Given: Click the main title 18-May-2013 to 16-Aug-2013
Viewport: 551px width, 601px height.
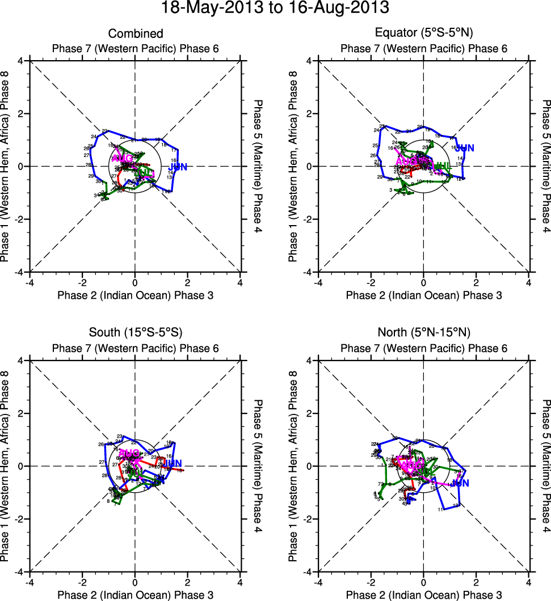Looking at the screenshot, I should [275, 9].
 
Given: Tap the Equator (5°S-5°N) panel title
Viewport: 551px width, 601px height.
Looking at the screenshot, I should [424, 33].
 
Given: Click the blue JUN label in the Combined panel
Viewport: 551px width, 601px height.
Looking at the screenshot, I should [178, 167].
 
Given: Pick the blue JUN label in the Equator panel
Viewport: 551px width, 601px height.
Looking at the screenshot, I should [464, 148].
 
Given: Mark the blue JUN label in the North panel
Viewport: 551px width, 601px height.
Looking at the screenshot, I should [461, 483].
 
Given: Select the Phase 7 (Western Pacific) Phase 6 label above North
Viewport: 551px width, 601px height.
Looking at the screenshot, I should [424, 348].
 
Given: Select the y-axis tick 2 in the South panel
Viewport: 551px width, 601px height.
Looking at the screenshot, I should [20, 413].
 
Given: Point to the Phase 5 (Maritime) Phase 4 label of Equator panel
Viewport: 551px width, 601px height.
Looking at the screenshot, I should [545, 166].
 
